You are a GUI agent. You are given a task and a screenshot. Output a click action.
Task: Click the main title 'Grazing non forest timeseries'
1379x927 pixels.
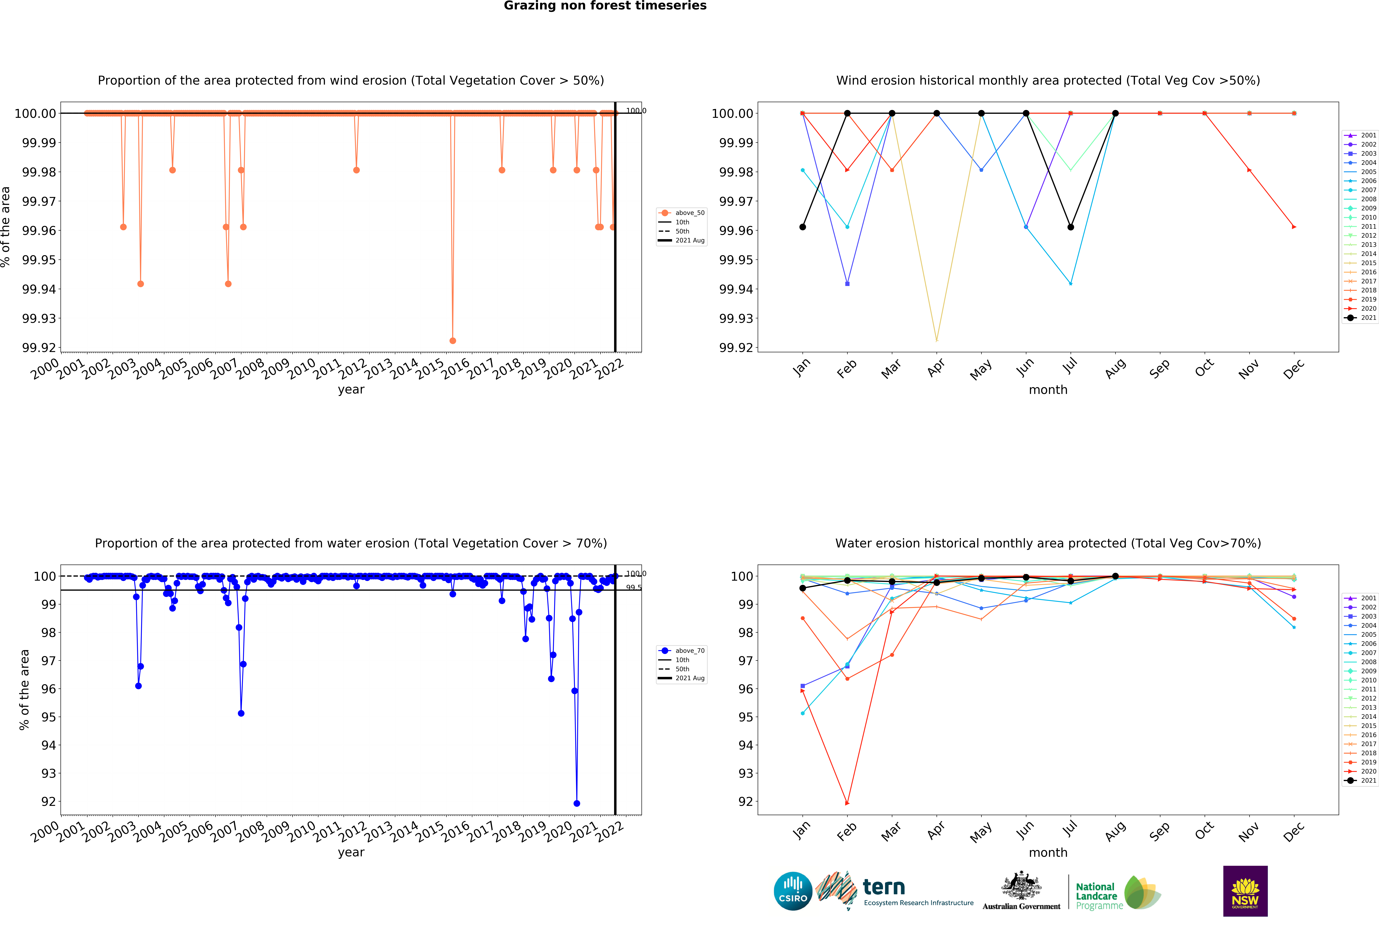[605, 6]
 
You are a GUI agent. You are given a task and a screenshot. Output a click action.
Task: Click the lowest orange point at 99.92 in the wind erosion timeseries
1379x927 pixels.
[453, 341]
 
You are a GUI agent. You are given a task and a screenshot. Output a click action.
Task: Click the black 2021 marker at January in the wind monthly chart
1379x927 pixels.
[803, 227]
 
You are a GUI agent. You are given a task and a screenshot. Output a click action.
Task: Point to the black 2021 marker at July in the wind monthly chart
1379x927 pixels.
[1070, 227]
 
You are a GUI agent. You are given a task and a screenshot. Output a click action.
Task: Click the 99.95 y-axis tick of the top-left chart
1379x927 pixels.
[39, 260]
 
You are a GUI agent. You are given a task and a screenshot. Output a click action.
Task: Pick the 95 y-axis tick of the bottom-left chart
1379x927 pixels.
[48, 717]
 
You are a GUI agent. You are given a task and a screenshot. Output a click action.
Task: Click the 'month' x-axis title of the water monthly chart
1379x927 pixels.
[1048, 853]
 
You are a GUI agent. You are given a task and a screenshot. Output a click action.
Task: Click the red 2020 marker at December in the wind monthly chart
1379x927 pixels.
[1294, 227]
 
